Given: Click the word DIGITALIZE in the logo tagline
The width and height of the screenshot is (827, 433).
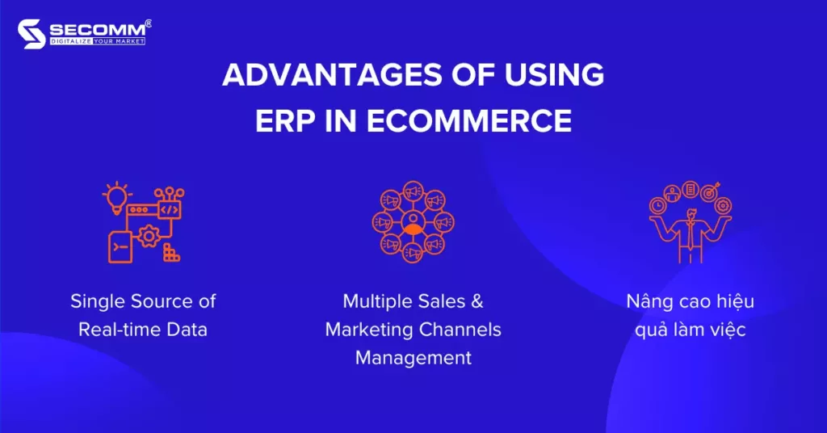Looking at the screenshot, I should click(70, 41).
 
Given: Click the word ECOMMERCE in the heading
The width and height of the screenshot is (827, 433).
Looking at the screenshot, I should click(470, 120).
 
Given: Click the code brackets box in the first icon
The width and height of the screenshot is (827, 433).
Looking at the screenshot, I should click(169, 208).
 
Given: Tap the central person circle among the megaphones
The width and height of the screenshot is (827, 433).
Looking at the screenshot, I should click(413, 222).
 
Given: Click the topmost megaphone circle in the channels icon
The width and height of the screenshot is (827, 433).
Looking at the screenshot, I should click(413, 191).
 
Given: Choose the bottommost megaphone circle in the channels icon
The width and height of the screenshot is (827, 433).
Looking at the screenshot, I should click(413, 254).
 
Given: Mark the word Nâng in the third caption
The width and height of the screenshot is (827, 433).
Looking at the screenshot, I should click(649, 301).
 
